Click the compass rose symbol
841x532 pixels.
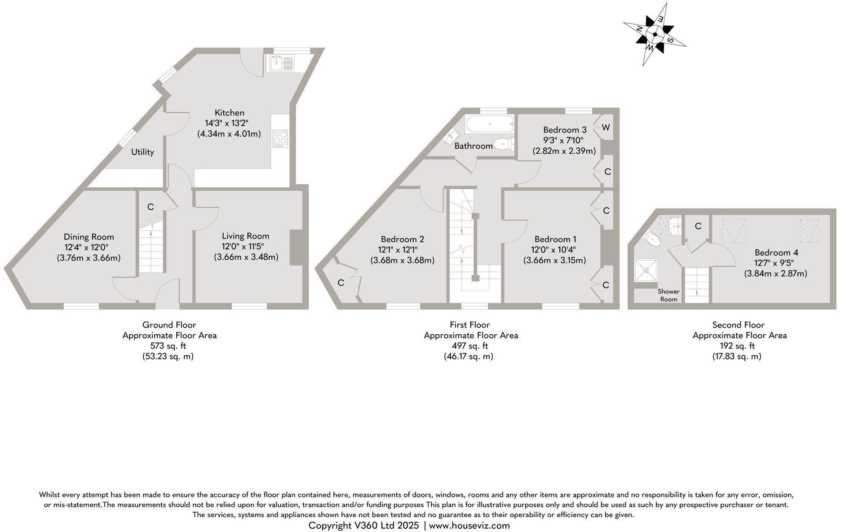(x=655, y=34)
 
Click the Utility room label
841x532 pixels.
(x=142, y=152)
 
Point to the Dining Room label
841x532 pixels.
(x=89, y=237)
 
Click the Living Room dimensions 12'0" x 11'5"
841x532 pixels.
(x=245, y=246)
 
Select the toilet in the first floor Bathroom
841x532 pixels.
(x=503, y=144)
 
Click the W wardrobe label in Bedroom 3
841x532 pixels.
(x=606, y=127)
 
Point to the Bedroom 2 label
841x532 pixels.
(x=402, y=239)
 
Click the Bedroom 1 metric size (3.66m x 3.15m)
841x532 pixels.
(x=554, y=260)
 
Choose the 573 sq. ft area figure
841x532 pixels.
(x=168, y=346)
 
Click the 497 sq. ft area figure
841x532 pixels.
(x=469, y=346)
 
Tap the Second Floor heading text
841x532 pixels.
(x=738, y=325)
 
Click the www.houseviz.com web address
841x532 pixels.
(x=469, y=525)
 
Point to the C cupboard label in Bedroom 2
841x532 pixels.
(x=341, y=283)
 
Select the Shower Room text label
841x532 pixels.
(x=668, y=295)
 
